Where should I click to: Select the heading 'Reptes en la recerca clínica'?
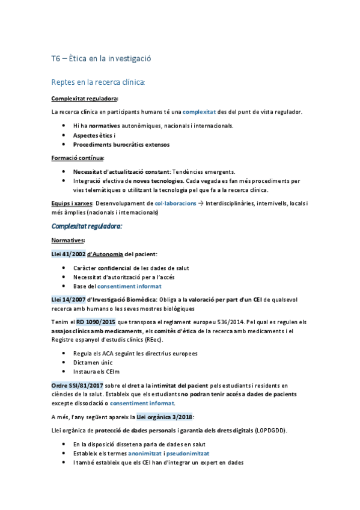click(99, 82)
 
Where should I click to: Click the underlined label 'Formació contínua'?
click(78, 158)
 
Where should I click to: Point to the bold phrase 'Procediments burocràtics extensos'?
click(121, 144)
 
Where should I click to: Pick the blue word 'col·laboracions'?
click(175, 203)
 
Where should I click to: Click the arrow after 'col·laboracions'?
click(201, 203)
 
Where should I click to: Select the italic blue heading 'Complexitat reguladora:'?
click(87, 226)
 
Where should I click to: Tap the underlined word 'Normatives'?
click(68, 240)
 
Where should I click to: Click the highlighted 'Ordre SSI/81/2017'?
click(76, 385)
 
